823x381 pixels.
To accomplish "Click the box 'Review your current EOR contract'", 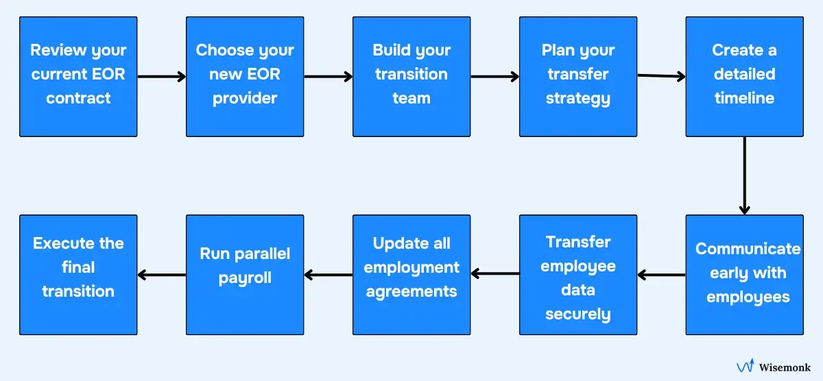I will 78,76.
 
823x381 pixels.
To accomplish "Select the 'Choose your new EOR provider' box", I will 245,76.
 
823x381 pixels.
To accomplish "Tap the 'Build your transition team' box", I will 411,76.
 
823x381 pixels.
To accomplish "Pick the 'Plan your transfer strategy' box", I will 578,76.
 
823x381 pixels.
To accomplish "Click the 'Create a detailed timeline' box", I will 744,76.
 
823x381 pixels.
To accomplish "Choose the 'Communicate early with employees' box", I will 744,274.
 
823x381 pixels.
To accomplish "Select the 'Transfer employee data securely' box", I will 578,274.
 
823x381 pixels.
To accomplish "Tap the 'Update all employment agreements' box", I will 411,274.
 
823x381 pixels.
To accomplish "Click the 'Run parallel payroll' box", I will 245,274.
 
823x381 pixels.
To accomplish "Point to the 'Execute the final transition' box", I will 78,274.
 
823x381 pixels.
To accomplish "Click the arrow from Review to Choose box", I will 162,77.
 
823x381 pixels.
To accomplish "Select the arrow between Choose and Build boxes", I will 328,77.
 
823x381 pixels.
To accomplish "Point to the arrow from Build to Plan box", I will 494,77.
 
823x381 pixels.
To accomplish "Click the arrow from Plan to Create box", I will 661,76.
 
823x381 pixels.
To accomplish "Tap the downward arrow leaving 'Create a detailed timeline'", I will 744,175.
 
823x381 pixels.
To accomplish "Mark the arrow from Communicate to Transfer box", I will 661,275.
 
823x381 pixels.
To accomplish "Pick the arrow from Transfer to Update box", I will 494,275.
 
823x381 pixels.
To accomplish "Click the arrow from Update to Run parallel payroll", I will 328,275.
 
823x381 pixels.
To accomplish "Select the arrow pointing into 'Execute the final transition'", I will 162,275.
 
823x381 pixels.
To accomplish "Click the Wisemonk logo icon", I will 746,367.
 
